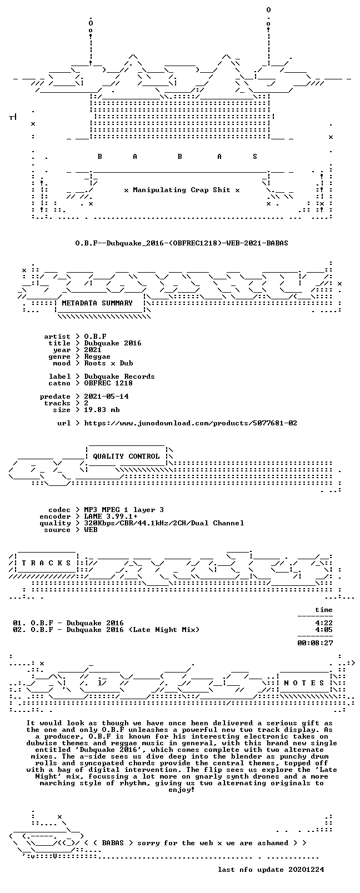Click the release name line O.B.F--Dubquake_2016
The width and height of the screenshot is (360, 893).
pos(182,243)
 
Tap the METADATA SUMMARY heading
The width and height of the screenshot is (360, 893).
pos(97,303)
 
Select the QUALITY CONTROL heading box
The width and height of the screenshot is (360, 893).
pos(126,456)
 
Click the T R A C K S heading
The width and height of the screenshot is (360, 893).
pos(46,563)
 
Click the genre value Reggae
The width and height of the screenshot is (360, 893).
pos(97,357)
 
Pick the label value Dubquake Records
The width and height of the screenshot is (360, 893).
pos(119,377)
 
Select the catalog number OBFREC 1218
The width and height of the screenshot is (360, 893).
pos(108,383)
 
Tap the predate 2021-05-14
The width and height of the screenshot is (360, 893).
pos(106,397)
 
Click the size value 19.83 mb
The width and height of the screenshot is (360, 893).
pos(102,410)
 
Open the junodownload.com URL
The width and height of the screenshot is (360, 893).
pos(191,423)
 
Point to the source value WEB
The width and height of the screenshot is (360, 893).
pos(91,529)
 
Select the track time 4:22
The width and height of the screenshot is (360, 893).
pos(324,623)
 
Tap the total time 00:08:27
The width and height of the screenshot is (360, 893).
pos(315,643)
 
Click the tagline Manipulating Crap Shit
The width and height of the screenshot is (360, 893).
pos(182,190)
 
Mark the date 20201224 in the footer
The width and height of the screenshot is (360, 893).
pos(306,870)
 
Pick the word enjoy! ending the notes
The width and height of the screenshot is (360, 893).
pos(182,790)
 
